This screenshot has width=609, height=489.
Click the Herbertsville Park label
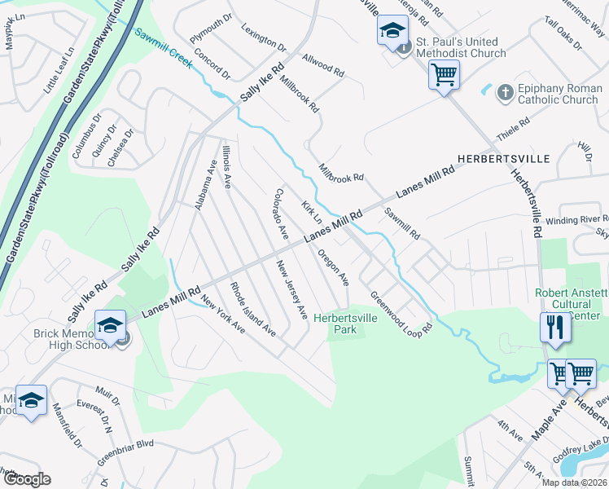tap(345, 324)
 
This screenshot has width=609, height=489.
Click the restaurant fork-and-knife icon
tap(555, 327)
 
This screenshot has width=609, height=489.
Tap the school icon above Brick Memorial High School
tap(110, 325)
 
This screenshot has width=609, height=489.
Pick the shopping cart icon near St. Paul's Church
tap(445, 75)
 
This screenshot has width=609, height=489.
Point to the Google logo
tap(26, 479)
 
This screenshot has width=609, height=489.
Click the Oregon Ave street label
tap(334, 267)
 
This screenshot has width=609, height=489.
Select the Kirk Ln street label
tap(312, 214)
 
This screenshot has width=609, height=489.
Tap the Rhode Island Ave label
tap(252, 310)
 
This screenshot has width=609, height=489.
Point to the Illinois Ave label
tap(227, 168)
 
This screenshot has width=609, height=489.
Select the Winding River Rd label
tap(576, 220)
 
